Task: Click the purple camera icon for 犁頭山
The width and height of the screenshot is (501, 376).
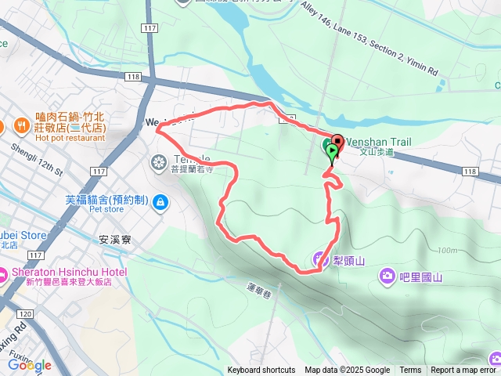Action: click(320, 258)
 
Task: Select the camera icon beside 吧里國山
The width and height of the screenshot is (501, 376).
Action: click(387, 276)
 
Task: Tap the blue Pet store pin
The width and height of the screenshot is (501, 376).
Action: click(160, 202)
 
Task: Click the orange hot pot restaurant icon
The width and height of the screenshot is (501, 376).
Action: click(20, 125)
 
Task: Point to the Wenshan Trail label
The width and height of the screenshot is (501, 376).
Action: click(379, 142)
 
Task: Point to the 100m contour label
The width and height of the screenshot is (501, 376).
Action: click(448, 251)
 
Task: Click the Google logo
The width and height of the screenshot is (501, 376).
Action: click(29, 365)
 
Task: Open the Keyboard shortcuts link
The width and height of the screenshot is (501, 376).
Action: click(261, 371)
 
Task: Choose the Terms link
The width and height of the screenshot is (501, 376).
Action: click(410, 371)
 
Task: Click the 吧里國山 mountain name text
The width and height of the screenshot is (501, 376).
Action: click(421, 277)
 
